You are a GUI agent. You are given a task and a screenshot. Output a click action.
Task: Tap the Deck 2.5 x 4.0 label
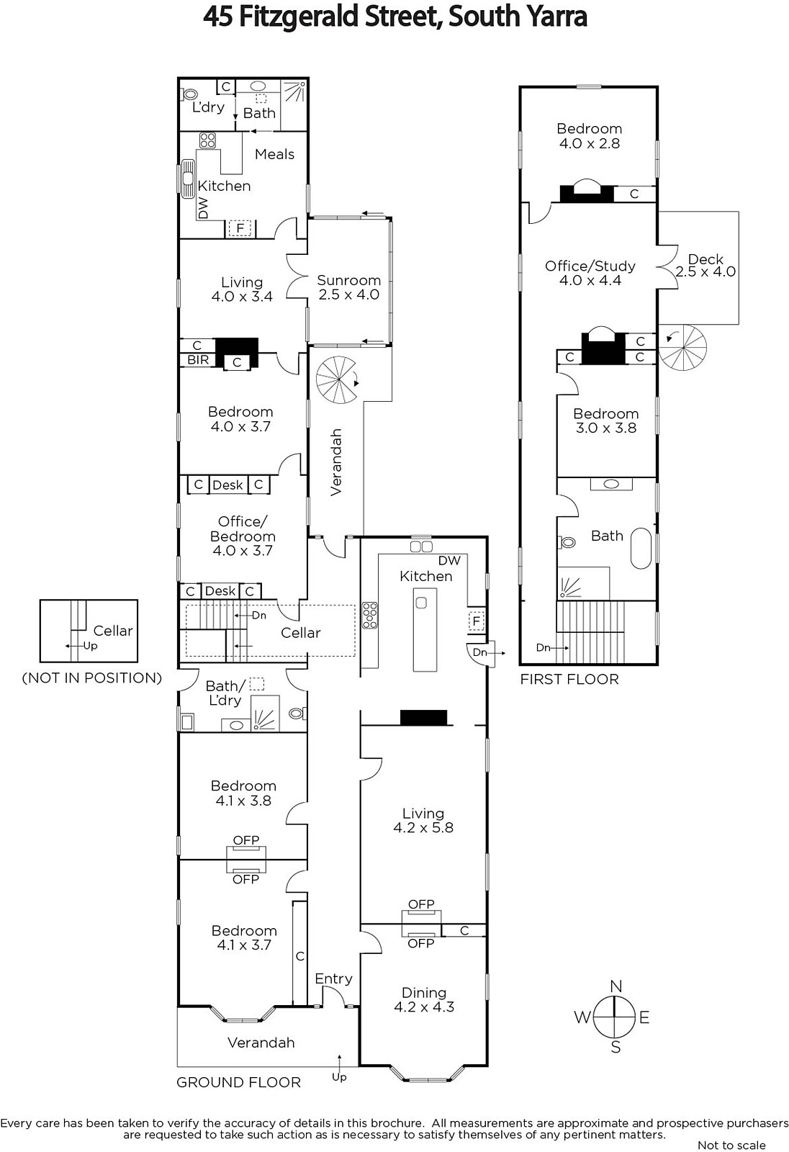(x=705, y=266)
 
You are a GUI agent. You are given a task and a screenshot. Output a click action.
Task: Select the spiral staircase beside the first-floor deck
(x=683, y=348)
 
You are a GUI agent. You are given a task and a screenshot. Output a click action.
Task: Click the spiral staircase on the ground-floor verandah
(x=337, y=380)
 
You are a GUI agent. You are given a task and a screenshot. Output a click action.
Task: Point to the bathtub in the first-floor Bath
(x=641, y=548)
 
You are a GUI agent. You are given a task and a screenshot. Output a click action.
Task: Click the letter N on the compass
(x=616, y=986)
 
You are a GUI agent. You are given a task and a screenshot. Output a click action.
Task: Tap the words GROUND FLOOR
(x=239, y=1082)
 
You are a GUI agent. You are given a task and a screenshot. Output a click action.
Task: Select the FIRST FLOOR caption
(x=569, y=679)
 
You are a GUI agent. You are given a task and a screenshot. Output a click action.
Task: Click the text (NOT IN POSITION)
(x=92, y=678)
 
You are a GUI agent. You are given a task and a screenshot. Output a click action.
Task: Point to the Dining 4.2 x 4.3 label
(x=424, y=1000)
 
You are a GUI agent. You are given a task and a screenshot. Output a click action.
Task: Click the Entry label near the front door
(x=334, y=978)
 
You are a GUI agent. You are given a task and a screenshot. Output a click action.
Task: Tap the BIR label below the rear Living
(x=198, y=359)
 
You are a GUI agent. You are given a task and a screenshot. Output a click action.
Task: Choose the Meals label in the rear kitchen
(x=275, y=154)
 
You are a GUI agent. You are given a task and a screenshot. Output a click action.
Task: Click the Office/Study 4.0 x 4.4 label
(x=590, y=273)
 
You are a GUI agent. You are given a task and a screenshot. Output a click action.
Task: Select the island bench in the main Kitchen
(x=425, y=629)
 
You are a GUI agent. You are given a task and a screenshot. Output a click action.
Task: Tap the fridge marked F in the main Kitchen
(x=477, y=621)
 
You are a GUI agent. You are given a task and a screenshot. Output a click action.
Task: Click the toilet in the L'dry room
(x=189, y=94)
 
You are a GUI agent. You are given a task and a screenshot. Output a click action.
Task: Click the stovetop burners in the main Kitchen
(x=370, y=615)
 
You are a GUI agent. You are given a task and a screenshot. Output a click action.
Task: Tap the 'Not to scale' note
(x=731, y=1145)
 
